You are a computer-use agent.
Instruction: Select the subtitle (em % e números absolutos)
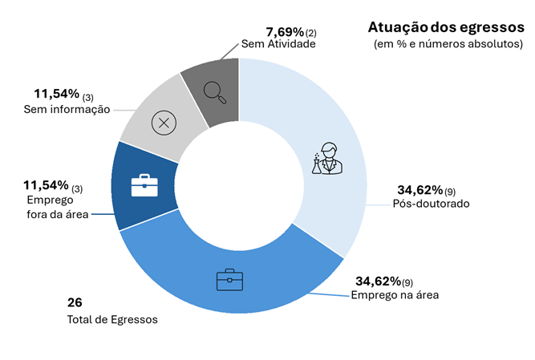pyautogui.click(x=448, y=45)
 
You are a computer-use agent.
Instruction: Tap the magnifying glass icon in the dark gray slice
pyautogui.click(x=216, y=92)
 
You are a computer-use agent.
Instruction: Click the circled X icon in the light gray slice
pyautogui.click(x=164, y=123)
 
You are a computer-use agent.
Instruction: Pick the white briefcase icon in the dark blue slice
pyautogui.click(x=144, y=184)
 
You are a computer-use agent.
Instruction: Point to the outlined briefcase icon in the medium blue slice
pyautogui.click(x=229, y=280)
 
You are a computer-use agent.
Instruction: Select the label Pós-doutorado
pyautogui.click(x=431, y=204)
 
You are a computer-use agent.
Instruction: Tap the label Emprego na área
pyautogui.click(x=395, y=294)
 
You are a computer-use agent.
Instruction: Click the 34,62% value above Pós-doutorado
pyautogui.click(x=420, y=190)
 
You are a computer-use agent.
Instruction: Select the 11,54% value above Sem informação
pyautogui.click(x=57, y=95)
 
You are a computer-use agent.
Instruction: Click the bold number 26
pyautogui.click(x=75, y=302)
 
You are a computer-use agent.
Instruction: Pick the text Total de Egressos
pyautogui.click(x=111, y=319)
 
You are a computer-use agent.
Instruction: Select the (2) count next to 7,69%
pyautogui.click(x=311, y=34)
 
